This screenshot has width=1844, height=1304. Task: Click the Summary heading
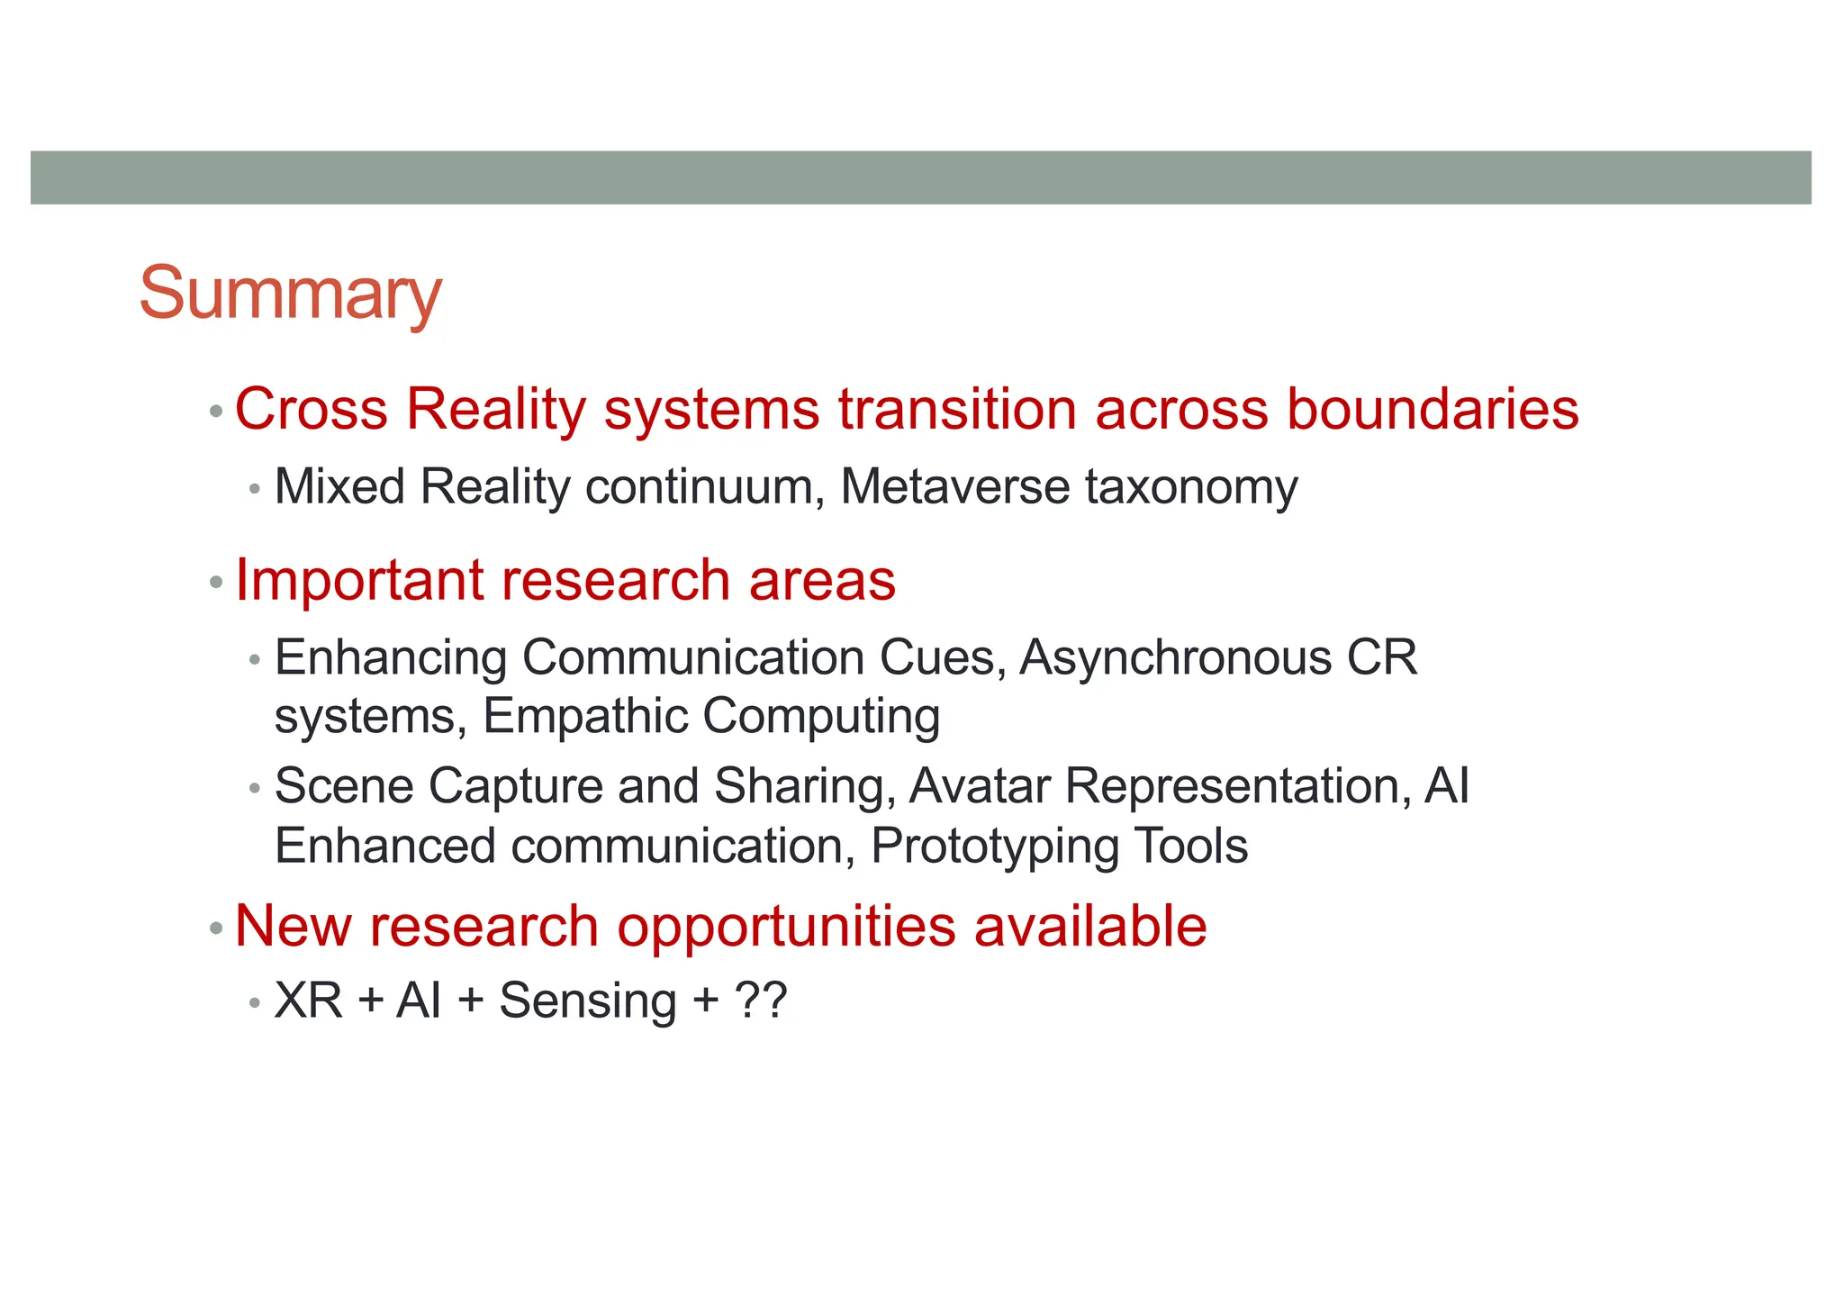(x=290, y=294)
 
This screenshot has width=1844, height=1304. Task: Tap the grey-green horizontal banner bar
(x=920, y=177)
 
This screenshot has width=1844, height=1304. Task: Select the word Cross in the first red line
(x=311, y=409)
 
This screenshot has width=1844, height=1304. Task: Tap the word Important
(x=359, y=580)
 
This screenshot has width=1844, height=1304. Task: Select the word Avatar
(x=980, y=785)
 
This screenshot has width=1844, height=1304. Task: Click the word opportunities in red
(x=786, y=927)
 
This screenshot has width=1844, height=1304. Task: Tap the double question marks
(x=761, y=1001)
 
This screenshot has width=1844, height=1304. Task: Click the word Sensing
(x=587, y=1001)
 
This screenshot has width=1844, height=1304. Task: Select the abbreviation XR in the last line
(x=308, y=1001)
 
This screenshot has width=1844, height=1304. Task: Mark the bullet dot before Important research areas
(x=215, y=583)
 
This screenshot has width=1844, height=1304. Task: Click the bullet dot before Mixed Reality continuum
(x=255, y=490)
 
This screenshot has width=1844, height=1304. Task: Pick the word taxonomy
(x=1191, y=487)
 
